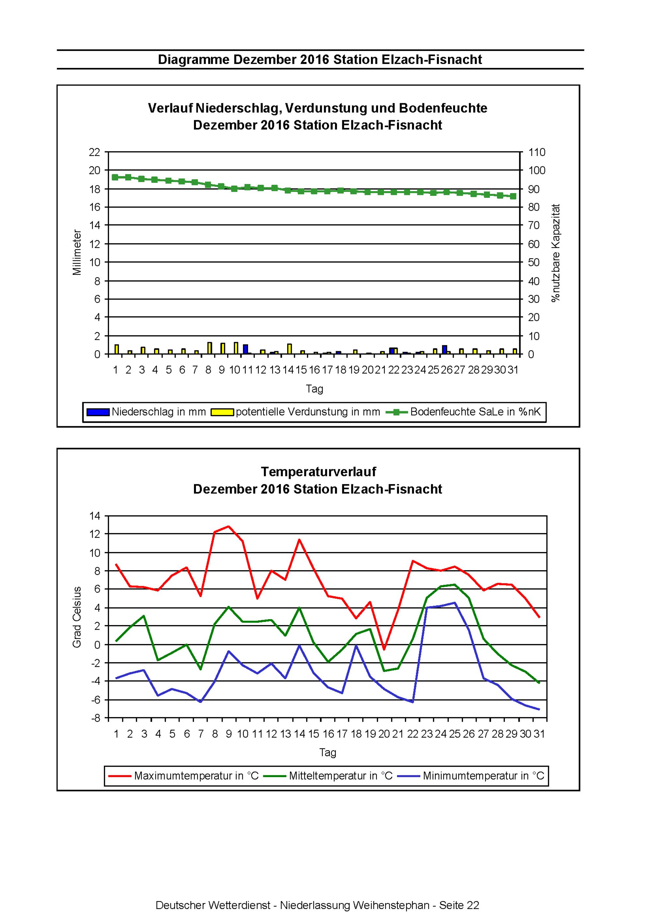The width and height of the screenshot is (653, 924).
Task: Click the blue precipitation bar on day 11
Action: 245,349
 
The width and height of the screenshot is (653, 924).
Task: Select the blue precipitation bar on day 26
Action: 444,350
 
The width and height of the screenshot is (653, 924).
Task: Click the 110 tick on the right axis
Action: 537,152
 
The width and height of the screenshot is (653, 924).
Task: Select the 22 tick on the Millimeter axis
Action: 94,152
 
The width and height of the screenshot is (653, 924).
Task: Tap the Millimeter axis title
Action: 77,253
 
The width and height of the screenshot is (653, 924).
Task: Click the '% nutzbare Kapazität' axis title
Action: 556,253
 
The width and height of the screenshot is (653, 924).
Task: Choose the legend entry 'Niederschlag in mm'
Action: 146,412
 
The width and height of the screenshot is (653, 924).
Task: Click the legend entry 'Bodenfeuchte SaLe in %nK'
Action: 463,412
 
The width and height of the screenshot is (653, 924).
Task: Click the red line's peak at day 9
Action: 229,526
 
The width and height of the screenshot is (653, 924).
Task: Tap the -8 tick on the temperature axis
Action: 96,718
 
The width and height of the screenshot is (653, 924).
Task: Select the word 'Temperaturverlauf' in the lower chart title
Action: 318,471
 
